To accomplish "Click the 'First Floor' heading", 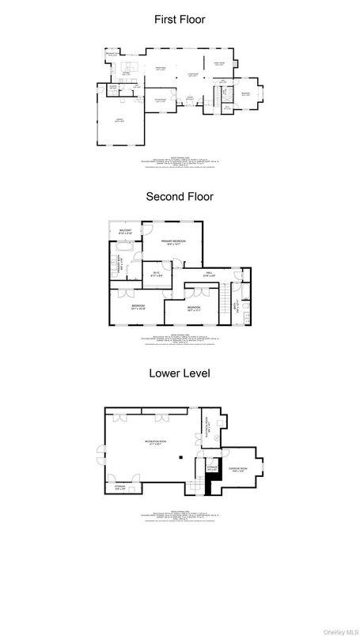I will pos(180,19).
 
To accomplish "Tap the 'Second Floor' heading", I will pos(180,196).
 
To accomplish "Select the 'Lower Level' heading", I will pos(180,373).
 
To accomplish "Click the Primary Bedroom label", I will pos(173,242).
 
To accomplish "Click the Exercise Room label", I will pos(238,470).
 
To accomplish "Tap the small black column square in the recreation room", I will pos(181,456).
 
